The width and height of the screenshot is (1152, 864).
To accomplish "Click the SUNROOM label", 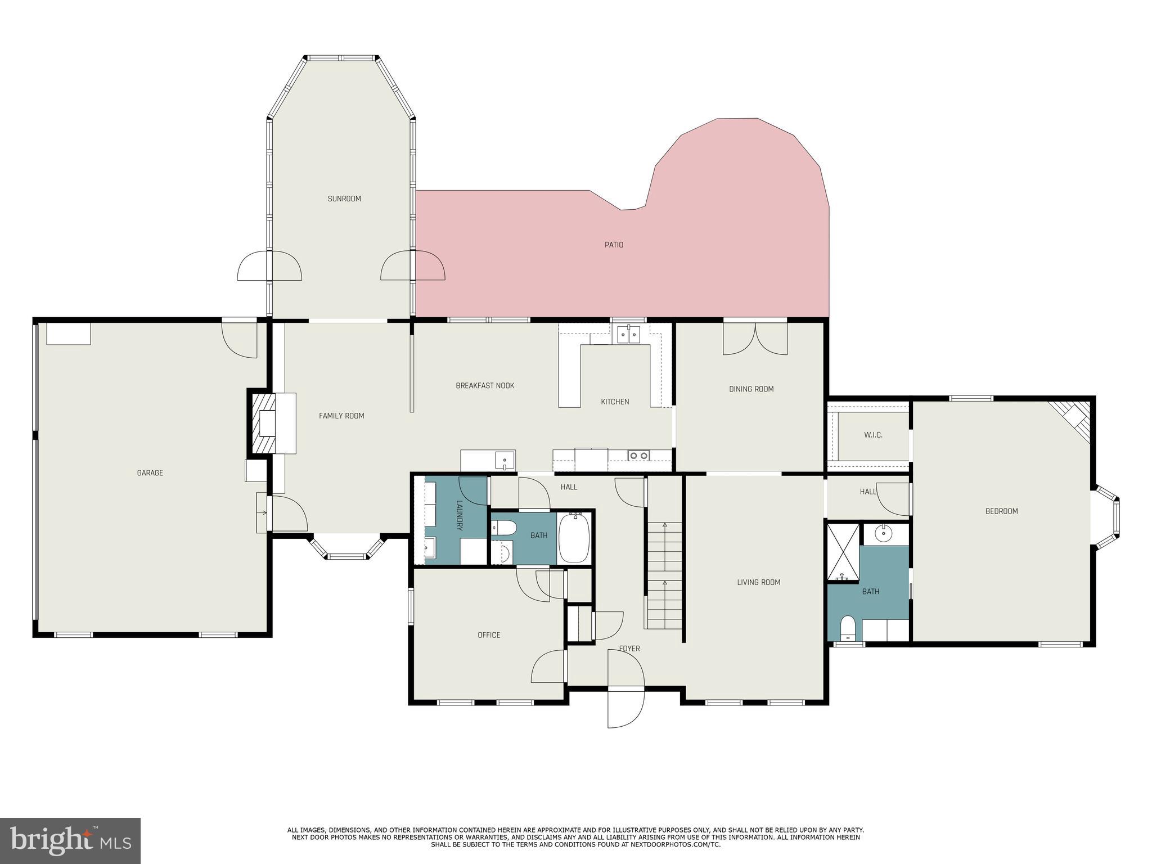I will (x=344, y=199).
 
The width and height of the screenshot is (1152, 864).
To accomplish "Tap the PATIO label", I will (x=614, y=245).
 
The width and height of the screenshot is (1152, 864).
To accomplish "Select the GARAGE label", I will (x=150, y=473).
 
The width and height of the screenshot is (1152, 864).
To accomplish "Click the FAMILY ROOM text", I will (x=341, y=416).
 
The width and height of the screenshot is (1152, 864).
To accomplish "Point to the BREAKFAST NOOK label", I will (x=485, y=386).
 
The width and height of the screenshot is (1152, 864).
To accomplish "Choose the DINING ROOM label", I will (x=751, y=389).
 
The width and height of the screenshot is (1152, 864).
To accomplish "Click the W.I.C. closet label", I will (x=873, y=435).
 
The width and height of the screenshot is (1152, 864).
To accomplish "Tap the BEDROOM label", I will (x=1001, y=511).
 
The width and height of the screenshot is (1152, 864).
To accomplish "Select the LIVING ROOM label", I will (x=758, y=582).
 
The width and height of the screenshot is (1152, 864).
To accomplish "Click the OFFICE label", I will (x=489, y=635).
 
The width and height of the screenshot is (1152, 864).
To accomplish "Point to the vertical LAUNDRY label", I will (x=459, y=515).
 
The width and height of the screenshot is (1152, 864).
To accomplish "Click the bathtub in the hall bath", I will (x=574, y=538).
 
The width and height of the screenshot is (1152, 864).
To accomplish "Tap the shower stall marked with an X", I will (x=843, y=551).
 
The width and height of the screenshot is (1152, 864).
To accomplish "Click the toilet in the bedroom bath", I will (x=847, y=627).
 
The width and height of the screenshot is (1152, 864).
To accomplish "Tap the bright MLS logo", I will (x=70, y=841).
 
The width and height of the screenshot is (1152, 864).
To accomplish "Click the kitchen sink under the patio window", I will (x=628, y=335).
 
